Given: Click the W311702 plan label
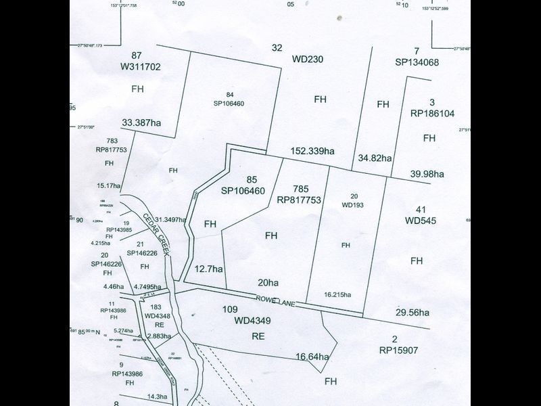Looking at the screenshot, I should click(140, 67).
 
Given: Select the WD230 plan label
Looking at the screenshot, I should click(308, 59).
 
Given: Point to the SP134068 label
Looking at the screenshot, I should click(417, 62).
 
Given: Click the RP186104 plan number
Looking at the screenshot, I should click(433, 114).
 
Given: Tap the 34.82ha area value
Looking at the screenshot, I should click(375, 158).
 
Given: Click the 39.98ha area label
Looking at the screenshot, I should click(427, 174).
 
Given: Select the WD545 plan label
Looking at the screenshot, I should click(421, 221).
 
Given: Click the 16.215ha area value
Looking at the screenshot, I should click(337, 294).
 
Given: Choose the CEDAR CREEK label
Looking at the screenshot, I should click(160, 233).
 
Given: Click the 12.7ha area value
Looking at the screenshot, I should click(208, 269).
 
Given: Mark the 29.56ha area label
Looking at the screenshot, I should click(413, 313).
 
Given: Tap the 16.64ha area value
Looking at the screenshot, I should click(312, 357).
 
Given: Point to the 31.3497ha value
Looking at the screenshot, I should click(170, 219).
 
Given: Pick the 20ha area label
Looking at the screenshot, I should click(268, 283).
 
